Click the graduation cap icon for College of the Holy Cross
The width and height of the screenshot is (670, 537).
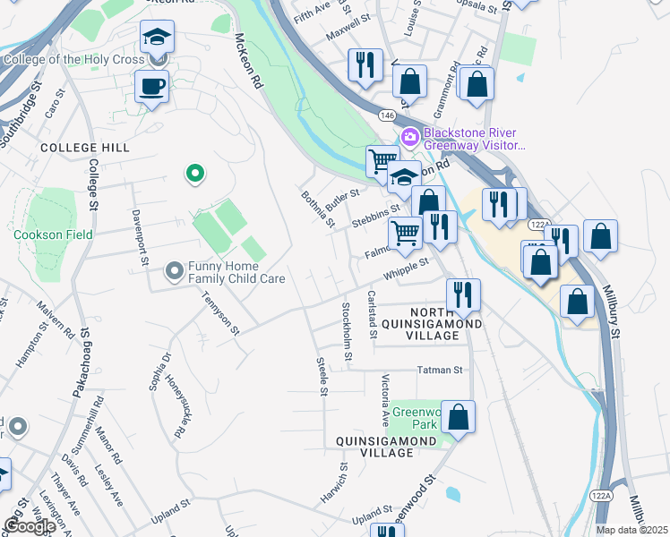[157, 38]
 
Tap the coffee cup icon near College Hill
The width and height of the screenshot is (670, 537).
[151, 87]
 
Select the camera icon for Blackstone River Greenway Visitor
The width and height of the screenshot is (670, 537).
[411, 137]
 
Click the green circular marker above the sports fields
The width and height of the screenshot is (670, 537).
[193, 174]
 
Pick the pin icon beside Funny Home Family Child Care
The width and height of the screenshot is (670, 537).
[175, 269]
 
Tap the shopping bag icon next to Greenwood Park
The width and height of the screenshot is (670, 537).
[458, 417]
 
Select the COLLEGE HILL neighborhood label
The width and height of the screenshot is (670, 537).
[85, 147]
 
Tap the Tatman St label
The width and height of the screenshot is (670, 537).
[440, 370]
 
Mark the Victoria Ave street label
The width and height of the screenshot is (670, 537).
[385, 397]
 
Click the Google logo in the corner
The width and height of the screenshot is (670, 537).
[30, 526]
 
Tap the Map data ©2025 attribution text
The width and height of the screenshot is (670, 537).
[631, 530]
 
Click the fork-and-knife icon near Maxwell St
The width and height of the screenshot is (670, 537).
[365, 65]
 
